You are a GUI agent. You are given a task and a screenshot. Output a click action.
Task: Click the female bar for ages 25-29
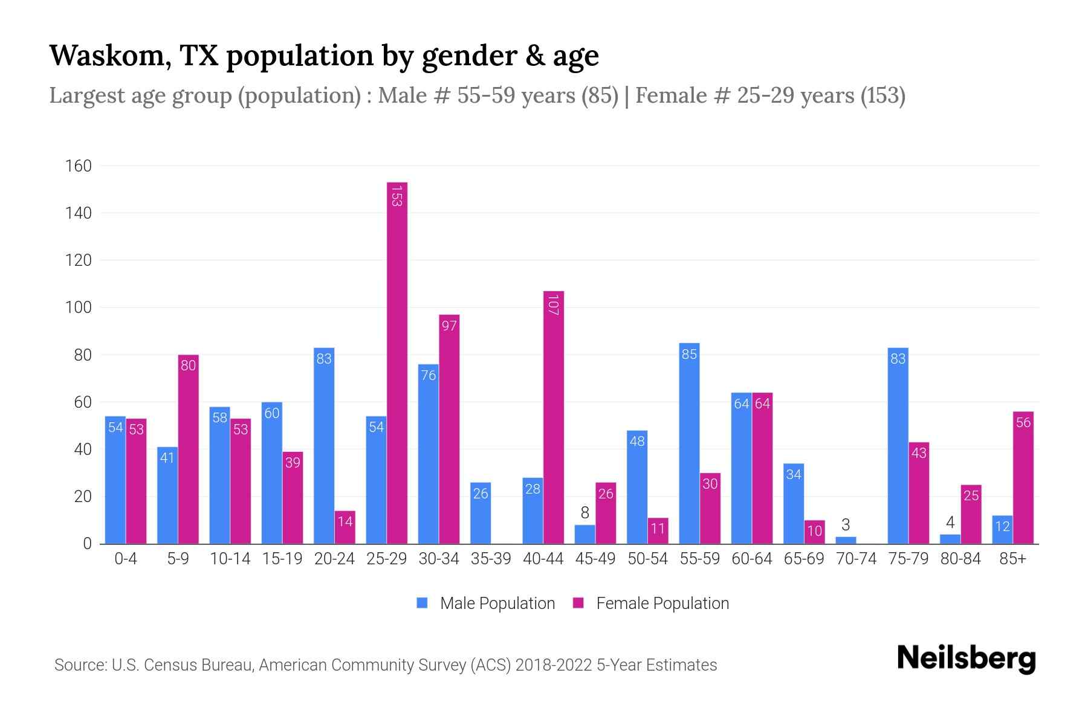[x=397, y=362]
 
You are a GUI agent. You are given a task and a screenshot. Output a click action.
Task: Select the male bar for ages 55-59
[x=689, y=444]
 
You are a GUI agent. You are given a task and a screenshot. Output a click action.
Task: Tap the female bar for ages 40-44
[x=553, y=417]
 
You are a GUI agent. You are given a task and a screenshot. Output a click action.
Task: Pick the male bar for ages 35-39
[x=481, y=514]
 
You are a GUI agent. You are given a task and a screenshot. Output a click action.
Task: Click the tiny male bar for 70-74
[x=846, y=540]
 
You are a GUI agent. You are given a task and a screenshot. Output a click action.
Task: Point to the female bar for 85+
[x=1023, y=477]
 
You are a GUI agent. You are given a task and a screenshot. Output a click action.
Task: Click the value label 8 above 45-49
[x=584, y=513]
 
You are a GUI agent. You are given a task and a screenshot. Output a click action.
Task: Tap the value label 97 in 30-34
[x=449, y=326]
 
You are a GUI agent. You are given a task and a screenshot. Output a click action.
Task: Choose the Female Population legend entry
[x=651, y=604]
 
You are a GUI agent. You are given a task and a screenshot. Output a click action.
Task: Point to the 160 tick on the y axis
[x=79, y=166]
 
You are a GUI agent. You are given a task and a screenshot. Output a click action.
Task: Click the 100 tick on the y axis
[x=79, y=308]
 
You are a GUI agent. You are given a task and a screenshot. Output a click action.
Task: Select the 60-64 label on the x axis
[x=751, y=559]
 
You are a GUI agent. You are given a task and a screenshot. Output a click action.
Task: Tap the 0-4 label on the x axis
[x=126, y=559]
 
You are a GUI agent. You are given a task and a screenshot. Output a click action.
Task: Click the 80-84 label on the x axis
[x=960, y=559]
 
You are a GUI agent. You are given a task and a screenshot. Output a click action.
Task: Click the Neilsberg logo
[x=966, y=659]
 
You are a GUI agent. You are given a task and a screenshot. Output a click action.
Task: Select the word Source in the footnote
[x=79, y=665]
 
